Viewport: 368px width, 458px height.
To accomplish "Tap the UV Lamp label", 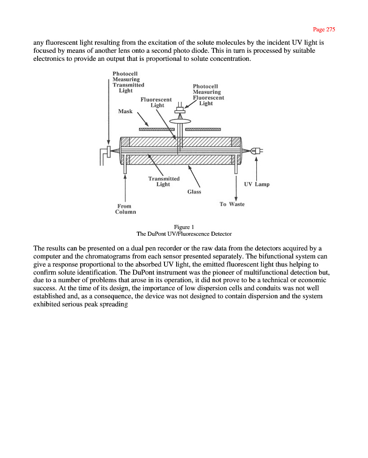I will click(x=256, y=184).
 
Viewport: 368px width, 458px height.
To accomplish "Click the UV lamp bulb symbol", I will click(x=257, y=151).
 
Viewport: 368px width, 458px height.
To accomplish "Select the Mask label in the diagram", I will click(x=126, y=111).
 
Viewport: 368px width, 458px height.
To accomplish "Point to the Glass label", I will click(x=194, y=191).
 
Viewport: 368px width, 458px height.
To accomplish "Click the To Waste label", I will click(x=232, y=204).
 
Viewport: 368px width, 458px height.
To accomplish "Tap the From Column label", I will click(x=125, y=209).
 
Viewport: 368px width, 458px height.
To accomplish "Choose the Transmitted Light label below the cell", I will click(x=164, y=181).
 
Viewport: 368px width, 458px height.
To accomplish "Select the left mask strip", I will click(x=156, y=129).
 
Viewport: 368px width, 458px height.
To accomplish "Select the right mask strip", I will click(x=203, y=129).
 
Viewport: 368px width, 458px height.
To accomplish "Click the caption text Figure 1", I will click(x=184, y=227).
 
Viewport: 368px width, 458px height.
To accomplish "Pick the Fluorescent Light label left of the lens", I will click(x=156, y=102).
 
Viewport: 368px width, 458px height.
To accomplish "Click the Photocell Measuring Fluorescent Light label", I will click(x=208, y=95).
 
